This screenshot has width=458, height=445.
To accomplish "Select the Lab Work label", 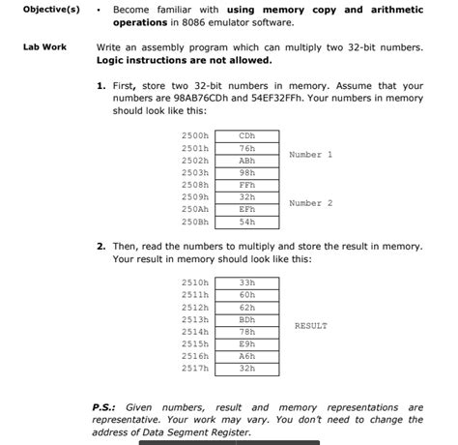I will tap(44, 46).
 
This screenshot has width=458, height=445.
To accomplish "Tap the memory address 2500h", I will tap(194, 136).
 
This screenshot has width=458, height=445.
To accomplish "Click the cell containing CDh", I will tap(246, 136).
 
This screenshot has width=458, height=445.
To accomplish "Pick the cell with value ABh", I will tap(246, 161).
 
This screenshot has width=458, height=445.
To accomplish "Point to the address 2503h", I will tap(194, 172).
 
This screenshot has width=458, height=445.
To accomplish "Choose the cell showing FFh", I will tap(246, 185).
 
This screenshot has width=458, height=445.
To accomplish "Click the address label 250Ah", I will tap(194, 209).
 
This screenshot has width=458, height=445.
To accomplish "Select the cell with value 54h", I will tap(246, 222).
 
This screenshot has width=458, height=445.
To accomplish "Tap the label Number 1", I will tap(310, 155).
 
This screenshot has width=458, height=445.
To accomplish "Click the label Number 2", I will tap(310, 203).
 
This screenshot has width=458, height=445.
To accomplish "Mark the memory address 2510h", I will tap(194, 282).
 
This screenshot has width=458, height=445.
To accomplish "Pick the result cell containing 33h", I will tap(246, 282).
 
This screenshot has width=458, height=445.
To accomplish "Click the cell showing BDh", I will tap(246, 318).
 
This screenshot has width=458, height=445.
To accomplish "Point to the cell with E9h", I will tap(246, 343).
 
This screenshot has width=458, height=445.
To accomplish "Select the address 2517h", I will tap(194, 368).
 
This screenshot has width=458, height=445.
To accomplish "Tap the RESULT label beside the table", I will tap(310, 326).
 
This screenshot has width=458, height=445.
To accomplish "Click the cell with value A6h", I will tap(246, 355).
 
